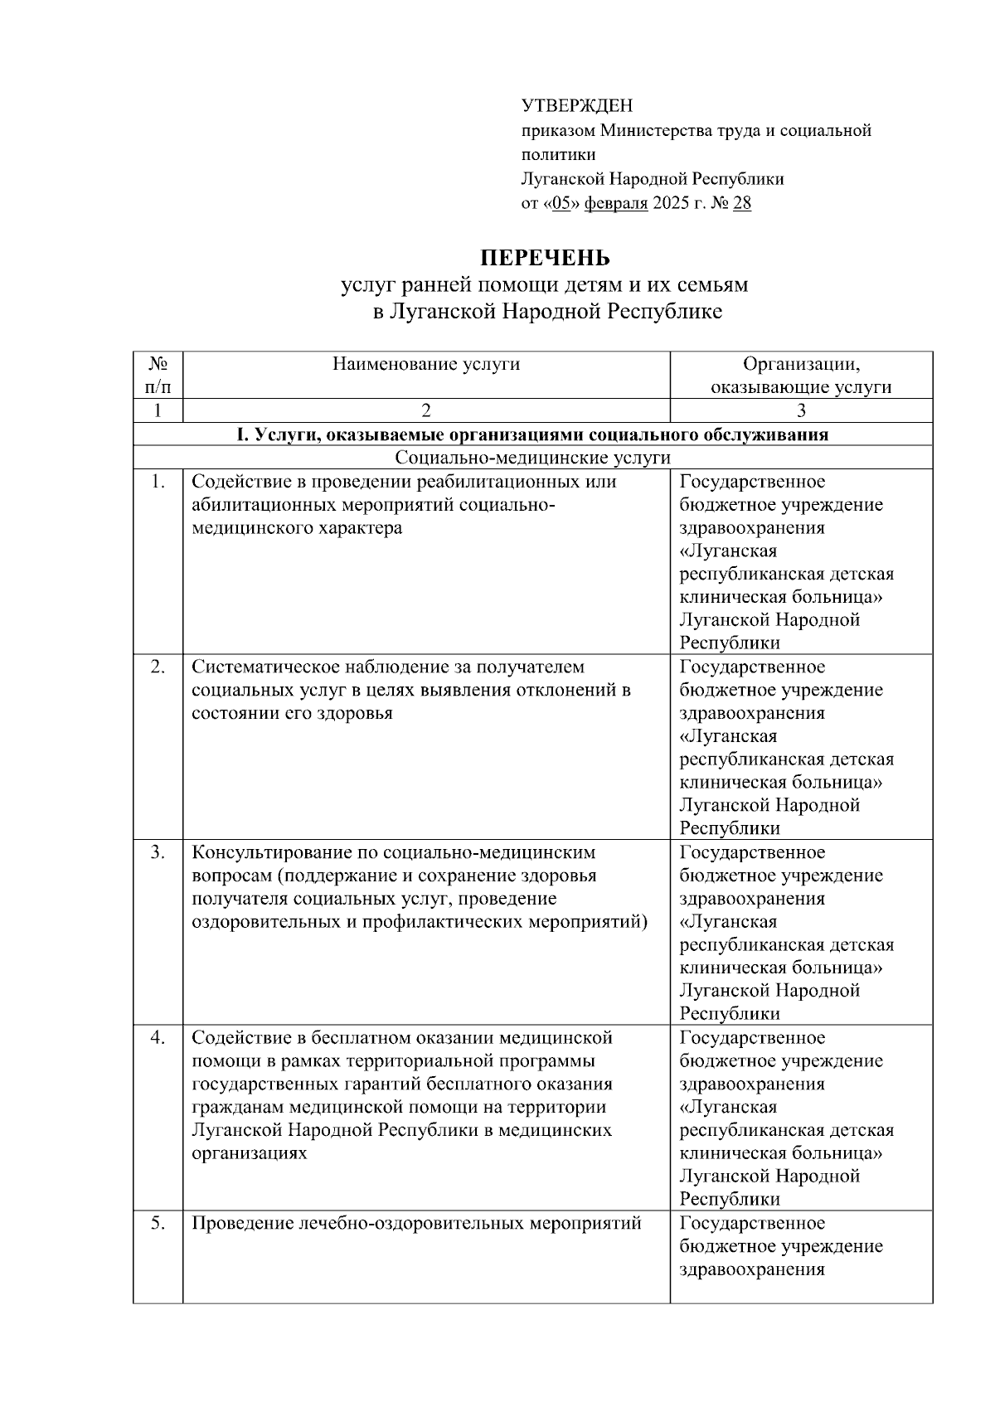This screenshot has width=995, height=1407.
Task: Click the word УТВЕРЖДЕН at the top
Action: (x=576, y=106)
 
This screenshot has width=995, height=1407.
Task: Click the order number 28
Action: (x=742, y=203)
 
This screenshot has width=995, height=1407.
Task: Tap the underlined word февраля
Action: (x=616, y=203)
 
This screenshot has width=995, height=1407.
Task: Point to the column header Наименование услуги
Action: (x=426, y=364)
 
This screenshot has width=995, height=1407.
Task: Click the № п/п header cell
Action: (x=158, y=375)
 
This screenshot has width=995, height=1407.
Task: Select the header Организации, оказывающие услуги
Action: (x=801, y=375)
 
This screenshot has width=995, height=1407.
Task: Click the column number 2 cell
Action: (x=426, y=410)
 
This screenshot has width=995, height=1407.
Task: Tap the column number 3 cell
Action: (x=801, y=410)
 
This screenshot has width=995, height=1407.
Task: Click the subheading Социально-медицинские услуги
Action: (x=533, y=458)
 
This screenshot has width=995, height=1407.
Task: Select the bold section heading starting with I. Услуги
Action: (x=533, y=434)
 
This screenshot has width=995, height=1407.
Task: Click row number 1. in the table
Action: (x=158, y=482)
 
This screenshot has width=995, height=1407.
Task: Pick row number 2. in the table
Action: (x=158, y=667)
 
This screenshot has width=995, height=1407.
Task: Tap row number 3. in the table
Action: (x=158, y=852)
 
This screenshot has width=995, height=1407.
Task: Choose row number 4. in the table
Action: (x=158, y=1038)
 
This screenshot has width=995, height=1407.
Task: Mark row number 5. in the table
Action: (x=158, y=1223)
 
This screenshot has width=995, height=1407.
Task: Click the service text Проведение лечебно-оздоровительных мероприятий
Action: (x=416, y=1223)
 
